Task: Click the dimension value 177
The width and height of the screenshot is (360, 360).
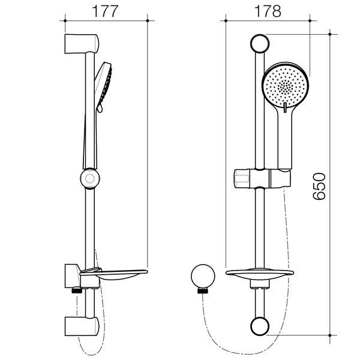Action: tap(105, 11)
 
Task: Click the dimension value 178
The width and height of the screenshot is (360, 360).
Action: tap(268, 11)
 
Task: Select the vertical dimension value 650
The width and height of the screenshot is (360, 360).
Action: tap(319, 186)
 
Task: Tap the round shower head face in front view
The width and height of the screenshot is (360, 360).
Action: tap(286, 86)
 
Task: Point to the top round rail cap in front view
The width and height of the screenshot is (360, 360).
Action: tap(260, 44)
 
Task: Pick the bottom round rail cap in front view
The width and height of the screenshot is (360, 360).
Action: tap(260, 326)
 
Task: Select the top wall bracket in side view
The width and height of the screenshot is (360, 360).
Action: tap(82, 44)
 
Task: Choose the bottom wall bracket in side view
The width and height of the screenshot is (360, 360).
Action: tap(82, 326)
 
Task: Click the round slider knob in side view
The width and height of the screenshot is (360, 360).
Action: tap(90, 178)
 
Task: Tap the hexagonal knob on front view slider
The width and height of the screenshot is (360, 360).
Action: tap(242, 179)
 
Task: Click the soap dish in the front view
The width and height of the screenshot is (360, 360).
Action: tap(260, 274)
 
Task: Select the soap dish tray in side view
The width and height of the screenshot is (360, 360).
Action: tap(114, 274)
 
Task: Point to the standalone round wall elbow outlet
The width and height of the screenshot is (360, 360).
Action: tap(203, 276)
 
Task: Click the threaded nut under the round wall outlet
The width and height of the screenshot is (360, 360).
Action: tap(203, 290)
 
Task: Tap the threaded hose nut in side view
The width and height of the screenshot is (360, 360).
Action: tap(77, 290)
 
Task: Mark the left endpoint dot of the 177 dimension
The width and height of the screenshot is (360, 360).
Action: tap(65, 20)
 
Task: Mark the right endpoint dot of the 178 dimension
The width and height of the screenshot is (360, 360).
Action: tap(310, 20)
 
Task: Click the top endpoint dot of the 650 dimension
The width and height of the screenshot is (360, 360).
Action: tap(330, 34)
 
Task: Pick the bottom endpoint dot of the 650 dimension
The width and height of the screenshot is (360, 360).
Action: tap(330, 335)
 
